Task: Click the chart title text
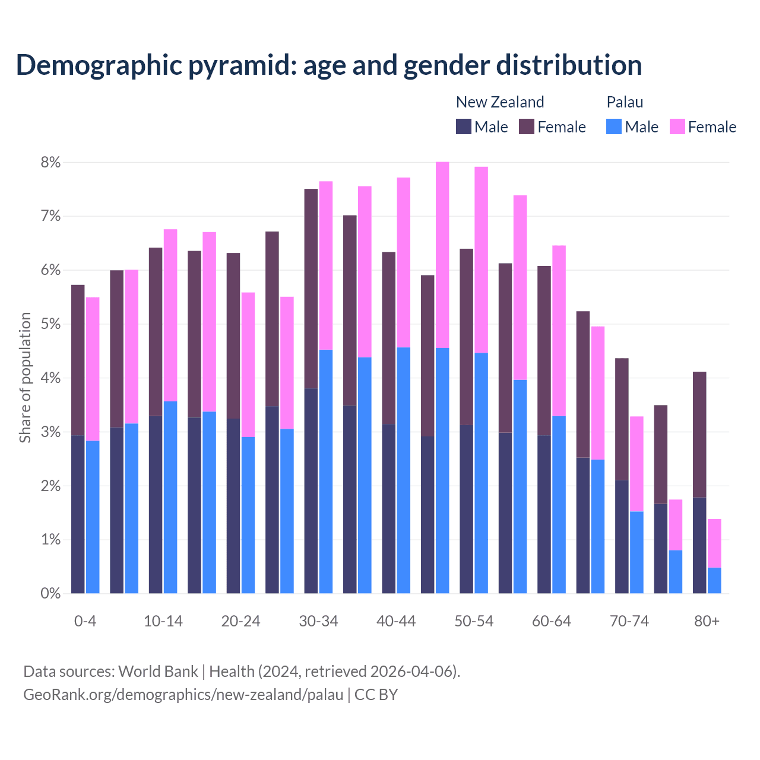click(328, 65)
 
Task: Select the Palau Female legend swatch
click(677, 126)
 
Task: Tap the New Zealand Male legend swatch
click(463, 126)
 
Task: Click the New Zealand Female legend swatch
click(527, 126)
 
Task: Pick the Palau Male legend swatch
click(614, 126)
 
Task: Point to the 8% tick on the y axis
click(50, 162)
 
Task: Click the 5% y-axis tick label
click(50, 324)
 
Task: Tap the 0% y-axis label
click(50, 593)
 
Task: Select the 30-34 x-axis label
click(318, 621)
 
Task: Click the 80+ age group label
click(707, 621)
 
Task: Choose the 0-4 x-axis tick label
click(85, 621)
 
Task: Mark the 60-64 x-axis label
click(551, 621)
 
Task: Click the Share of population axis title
click(25, 378)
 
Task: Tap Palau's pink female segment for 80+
click(714, 543)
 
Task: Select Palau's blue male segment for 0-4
click(93, 517)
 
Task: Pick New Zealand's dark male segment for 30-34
click(311, 490)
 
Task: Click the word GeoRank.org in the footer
click(69, 694)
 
